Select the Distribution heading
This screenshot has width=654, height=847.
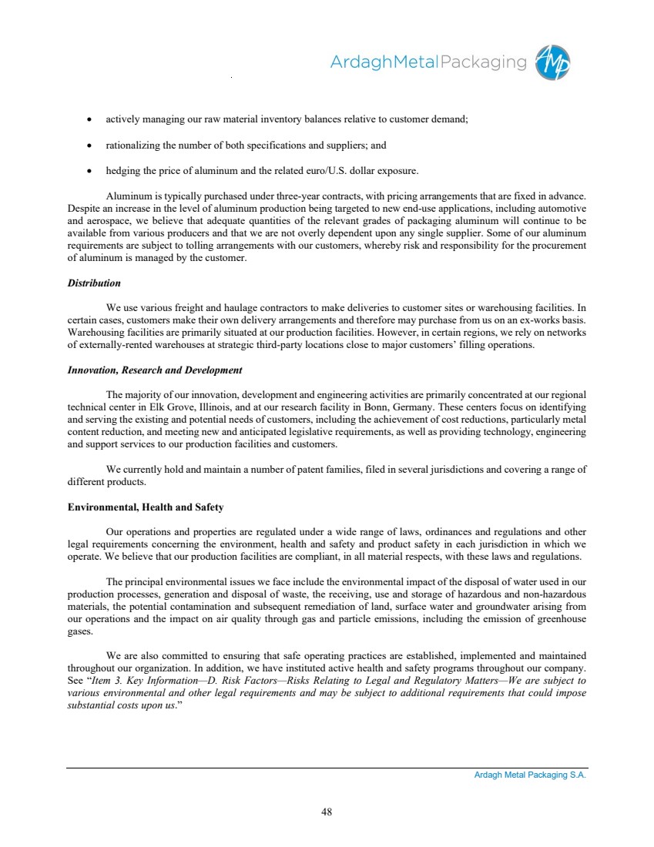[94, 283]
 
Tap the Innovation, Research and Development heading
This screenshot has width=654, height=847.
[155, 370]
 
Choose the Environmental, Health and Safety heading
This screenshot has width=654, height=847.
[146, 507]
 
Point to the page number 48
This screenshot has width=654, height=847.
[327, 811]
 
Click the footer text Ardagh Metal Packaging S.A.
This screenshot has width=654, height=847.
[530, 775]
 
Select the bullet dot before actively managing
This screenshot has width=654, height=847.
[91, 120]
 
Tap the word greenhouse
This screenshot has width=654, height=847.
[559, 618]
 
